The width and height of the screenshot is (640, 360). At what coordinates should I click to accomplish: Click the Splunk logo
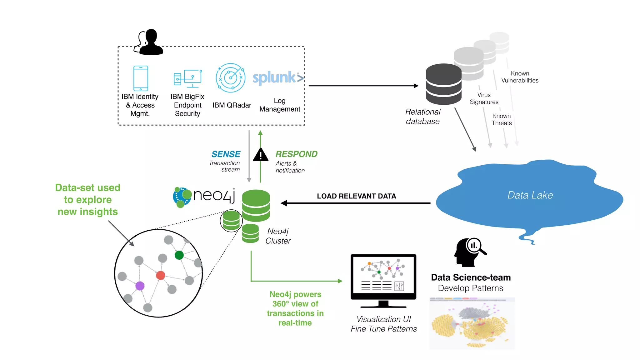(x=277, y=77)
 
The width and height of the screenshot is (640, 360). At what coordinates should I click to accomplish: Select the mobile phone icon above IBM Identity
(x=141, y=78)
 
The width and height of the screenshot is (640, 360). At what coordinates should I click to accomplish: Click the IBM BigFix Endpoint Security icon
(x=188, y=78)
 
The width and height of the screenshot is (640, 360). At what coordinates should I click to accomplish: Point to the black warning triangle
(x=261, y=155)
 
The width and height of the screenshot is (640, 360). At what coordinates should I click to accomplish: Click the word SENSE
(x=226, y=154)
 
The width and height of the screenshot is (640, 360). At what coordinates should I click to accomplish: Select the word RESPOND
(x=296, y=154)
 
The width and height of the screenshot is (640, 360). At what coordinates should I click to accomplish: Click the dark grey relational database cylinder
(x=443, y=84)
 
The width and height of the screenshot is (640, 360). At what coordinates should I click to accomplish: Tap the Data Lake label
(x=530, y=195)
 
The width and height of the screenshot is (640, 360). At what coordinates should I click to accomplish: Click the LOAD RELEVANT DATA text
(x=356, y=196)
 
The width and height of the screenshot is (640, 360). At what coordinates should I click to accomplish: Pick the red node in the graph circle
(x=161, y=275)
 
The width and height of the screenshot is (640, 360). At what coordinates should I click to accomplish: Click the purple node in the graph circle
(x=140, y=286)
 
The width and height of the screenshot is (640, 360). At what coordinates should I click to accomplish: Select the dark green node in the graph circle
(x=179, y=255)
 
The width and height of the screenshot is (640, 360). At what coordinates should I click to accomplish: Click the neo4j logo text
(x=214, y=196)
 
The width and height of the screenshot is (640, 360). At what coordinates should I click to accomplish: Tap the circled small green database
(x=231, y=221)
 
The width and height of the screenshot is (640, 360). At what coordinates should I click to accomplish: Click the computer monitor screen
(x=383, y=275)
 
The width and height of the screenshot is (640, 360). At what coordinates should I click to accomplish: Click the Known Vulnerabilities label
(x=520, y=77)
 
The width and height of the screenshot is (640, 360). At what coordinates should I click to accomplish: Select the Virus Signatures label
(x=484, y=98)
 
